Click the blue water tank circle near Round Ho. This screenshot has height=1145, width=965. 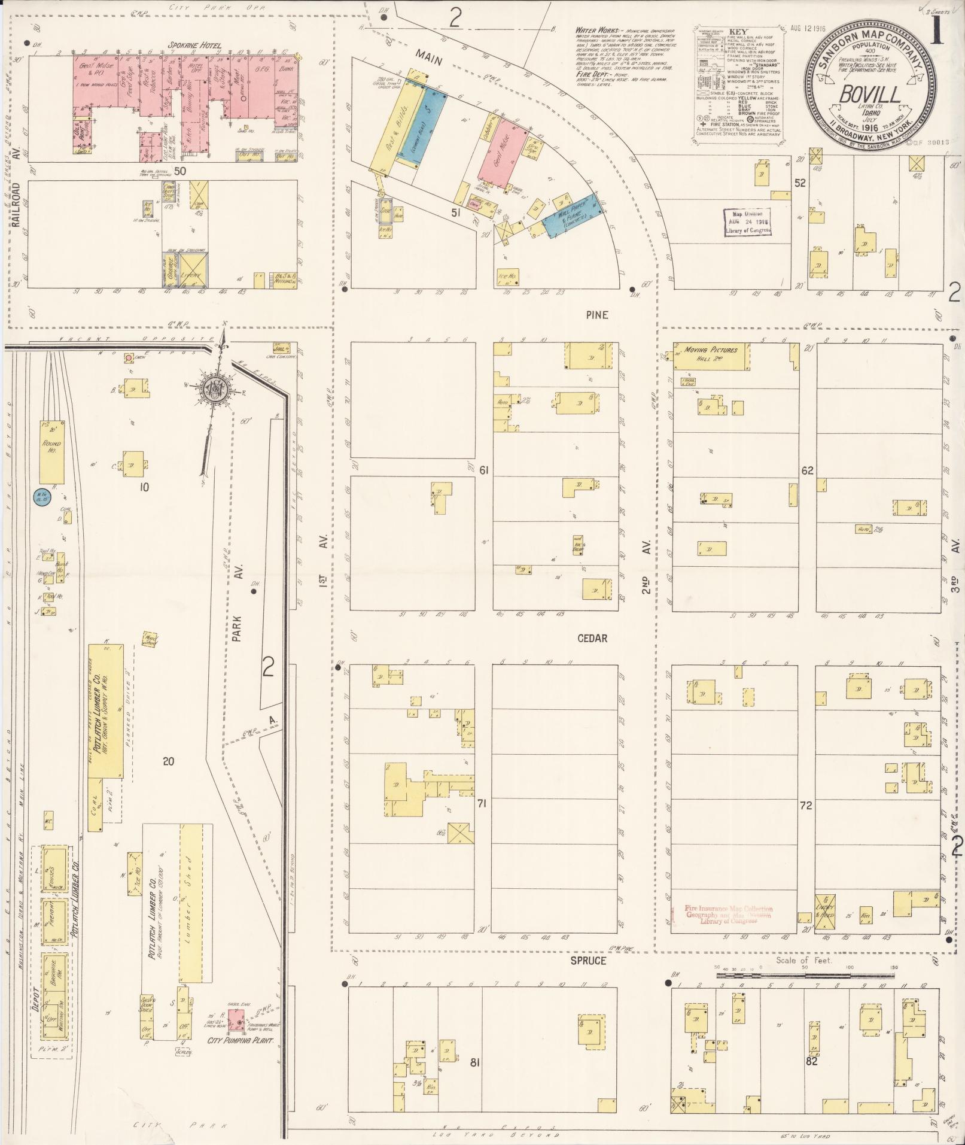pyautogui.click(x=41, y=498)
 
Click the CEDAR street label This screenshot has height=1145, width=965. pyautogui.click(x=592, y=638)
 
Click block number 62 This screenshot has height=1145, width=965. pyautogui.click(x=807, y=470)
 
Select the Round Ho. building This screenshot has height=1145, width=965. pyautogui.click(x=52, y=452)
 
